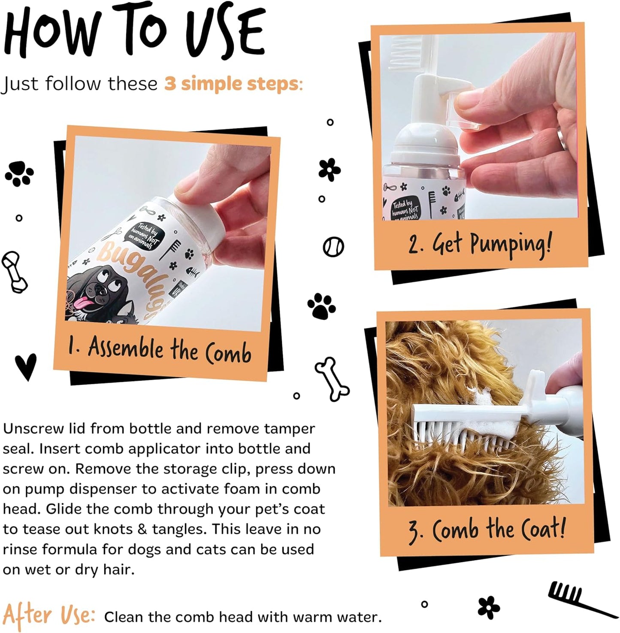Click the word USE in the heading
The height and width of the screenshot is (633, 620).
point(227,34)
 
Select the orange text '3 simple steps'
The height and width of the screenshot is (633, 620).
point(231,84)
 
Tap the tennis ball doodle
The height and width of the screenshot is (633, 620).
point(333,247)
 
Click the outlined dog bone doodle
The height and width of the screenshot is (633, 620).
point(332,378)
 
